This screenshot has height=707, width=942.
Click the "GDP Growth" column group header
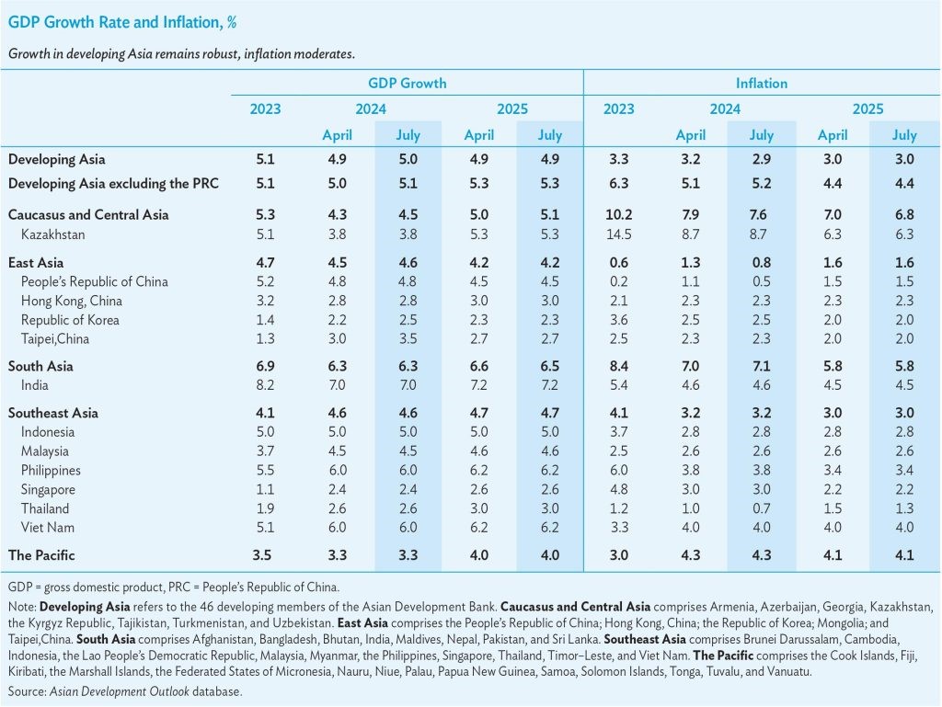click(407, 83)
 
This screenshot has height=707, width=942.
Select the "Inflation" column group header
click(761, 83)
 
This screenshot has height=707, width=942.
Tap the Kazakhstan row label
click(53, 234)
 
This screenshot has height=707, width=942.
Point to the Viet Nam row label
click(47, 528)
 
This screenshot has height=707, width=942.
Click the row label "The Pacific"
click(41, 555)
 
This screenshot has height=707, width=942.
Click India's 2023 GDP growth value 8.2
click(265, 385)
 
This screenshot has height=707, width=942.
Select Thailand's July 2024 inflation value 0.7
click(761, 508)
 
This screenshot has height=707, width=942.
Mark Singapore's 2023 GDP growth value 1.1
click(265, 489)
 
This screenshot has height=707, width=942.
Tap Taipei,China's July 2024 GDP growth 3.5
click(408, 339)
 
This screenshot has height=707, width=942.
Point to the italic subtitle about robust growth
click(181, 53)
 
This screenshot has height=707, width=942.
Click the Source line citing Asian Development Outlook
click(125, 690)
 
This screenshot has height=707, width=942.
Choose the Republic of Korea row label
click(70, 320)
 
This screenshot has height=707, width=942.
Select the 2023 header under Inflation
click(618, 108)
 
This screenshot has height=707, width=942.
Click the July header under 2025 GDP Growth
click(550, 135)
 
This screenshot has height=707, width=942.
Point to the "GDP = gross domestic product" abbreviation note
click(174, 586)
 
